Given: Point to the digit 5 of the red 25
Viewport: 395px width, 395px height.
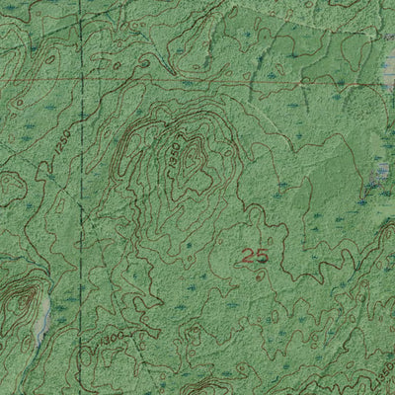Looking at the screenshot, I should click(x=262, y=256).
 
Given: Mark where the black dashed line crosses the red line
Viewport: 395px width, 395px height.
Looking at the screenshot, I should click(x=83, y=76).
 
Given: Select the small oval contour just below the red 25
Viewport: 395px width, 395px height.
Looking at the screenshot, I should click(x=259, y=276).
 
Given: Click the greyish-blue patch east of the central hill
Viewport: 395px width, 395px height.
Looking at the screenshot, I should click(x=380, y=176).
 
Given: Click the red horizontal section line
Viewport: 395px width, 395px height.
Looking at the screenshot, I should click(x=197, y=75).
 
